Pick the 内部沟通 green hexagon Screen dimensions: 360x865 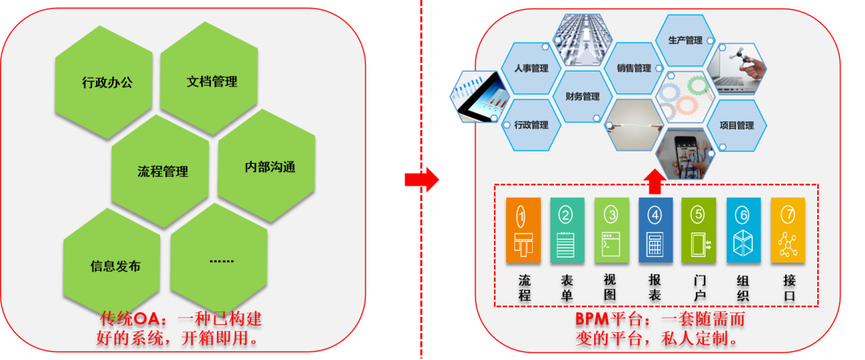tap(267, 166)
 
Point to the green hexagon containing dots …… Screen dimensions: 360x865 tap(220, 260)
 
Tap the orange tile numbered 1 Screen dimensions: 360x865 tap(523, 230)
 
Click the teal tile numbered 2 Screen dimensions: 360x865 tap(567, 230)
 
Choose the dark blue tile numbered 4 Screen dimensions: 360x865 tap(656, 230)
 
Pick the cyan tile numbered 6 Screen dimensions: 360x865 tap(743, 230)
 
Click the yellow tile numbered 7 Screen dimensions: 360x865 tap(787, 230)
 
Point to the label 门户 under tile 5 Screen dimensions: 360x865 tap(699, 287)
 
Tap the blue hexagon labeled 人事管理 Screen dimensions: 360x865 tap(530, 68)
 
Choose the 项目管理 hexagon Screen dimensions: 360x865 tap(737, 125)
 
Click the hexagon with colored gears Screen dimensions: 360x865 tap(685, 97)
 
